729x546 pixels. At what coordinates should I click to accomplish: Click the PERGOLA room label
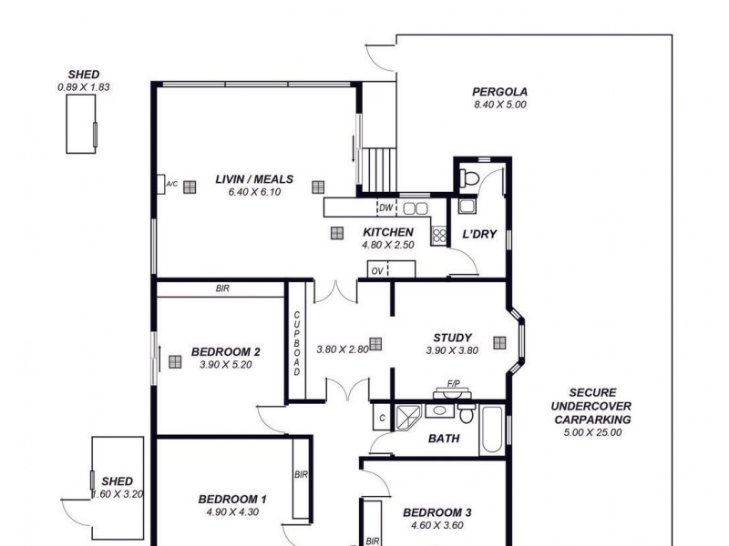499,92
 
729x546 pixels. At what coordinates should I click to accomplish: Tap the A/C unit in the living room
171,185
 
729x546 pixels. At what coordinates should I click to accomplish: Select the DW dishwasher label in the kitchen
385,207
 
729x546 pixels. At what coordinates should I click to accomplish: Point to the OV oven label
376,270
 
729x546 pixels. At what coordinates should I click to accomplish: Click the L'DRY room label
479,234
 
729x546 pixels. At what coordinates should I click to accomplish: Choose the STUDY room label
452,338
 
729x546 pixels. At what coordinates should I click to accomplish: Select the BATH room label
444,439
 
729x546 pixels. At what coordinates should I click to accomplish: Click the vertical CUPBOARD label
296,344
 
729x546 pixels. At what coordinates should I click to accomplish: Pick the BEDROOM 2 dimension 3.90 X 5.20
226,365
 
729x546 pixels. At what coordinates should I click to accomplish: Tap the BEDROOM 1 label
232,499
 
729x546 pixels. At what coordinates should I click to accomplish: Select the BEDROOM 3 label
437,512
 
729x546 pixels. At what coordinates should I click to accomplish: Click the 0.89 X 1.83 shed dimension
84,87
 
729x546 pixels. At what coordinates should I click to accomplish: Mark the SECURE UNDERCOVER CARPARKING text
592,406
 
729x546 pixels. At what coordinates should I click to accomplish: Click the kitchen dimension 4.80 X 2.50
389,245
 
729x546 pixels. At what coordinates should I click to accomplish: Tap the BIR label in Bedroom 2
222,288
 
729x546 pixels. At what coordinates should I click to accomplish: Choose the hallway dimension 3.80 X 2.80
342,349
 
